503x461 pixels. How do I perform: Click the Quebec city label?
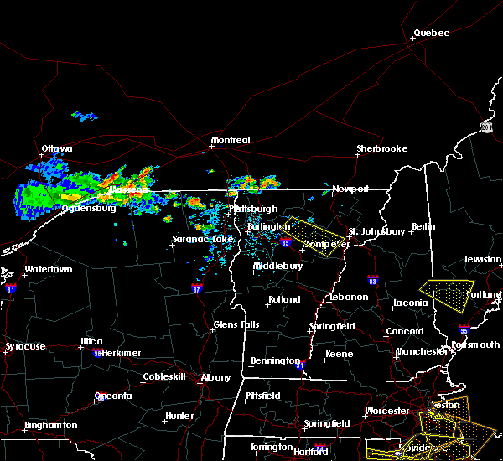[x=432, y=34]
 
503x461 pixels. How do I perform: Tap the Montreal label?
[x=231, y=140]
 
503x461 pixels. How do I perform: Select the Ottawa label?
[x=57, y=149]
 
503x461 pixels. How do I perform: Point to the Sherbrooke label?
[x=382, y=148]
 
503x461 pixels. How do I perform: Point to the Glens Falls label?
[x=236, y=324]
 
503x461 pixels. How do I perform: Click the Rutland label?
[x=284, y=299]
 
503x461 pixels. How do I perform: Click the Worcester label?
[x=387, y=411]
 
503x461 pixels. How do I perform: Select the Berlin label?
[x=425, y=227]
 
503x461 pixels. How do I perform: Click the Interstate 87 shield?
[x=196, y=287]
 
